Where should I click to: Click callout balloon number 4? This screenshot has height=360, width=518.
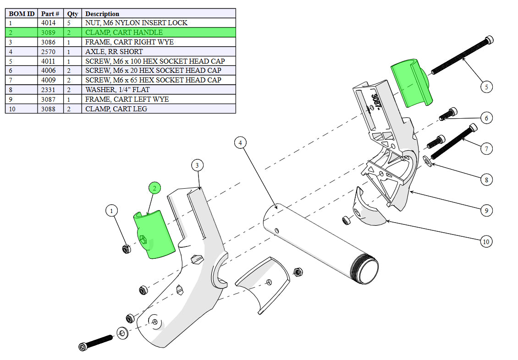pos(240,143)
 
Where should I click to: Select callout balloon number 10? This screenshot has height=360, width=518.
pos(486,241)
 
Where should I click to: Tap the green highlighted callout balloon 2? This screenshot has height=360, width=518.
pos(154,188)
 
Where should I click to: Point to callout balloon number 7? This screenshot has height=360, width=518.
pos(486,148)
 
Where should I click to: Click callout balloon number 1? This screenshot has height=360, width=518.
pos(111,211)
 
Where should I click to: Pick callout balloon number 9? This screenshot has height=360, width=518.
pos(486,211)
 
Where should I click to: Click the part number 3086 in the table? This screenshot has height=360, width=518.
pos(50,42)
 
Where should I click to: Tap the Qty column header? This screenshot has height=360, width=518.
pos(73,14)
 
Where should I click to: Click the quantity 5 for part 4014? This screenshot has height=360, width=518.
pos(70,23)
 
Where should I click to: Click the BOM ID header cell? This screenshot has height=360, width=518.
pos(22,14)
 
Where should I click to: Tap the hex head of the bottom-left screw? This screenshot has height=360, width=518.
pos(83,346)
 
